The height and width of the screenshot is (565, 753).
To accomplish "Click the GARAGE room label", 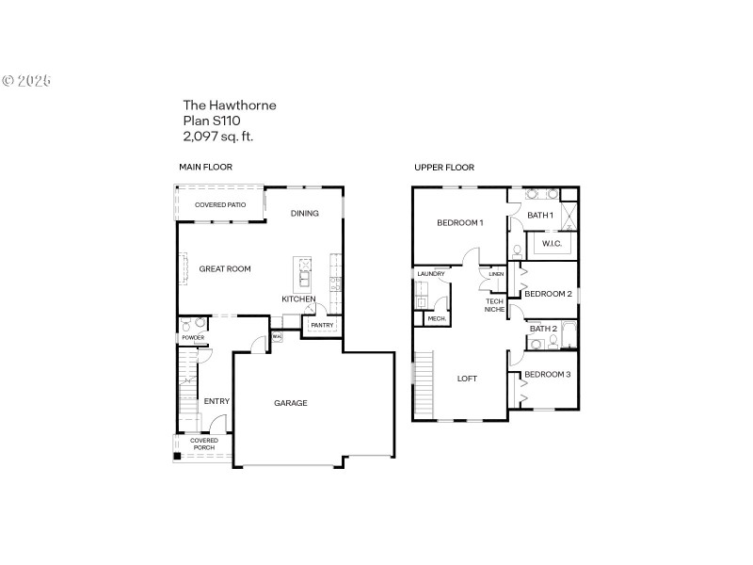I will (x=291, y=403).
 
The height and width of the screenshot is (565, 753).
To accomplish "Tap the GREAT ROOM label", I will (x=225, y=269).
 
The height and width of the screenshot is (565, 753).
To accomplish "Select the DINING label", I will (x=305, y=213).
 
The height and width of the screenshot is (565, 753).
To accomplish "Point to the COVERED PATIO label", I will (x=220, y=204).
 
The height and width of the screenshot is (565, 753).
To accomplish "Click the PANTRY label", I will (x=322, y=325).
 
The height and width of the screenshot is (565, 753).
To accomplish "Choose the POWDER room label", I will (x=193, y=337).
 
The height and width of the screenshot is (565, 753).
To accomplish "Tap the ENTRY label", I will (x=216, y=402).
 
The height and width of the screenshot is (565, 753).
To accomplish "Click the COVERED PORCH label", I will (x=204, y=444).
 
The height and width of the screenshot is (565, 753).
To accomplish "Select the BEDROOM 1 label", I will (x=460, y=223).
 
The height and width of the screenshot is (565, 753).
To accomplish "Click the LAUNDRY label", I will (x=431, y=274).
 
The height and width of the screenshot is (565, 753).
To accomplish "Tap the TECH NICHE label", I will (x=495, y=305).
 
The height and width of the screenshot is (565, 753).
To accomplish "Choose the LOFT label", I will (x=468, y=379).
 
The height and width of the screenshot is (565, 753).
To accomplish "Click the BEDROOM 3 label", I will (x=548, y=375).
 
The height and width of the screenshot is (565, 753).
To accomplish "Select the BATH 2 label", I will (x=544, y=329).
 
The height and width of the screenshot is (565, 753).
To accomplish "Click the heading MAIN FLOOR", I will (x=205, y=167).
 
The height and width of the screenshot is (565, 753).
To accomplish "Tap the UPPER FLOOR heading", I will (x=444, y=168).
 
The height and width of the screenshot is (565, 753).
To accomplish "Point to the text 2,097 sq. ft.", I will (x=218, y=136).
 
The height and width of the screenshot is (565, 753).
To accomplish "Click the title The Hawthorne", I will (x=230, y=105).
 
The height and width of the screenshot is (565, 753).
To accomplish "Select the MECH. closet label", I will (x=437, y=319).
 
